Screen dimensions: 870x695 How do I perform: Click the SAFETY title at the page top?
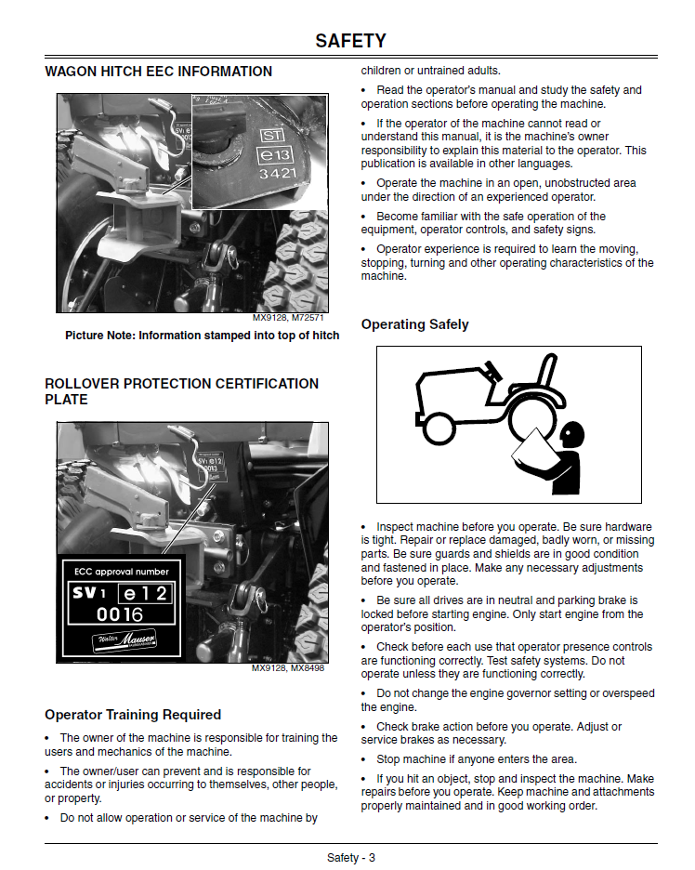click(x=350, y=41)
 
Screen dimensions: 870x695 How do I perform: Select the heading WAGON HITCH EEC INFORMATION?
click(x=159, y=72)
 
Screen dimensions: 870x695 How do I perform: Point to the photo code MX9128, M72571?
click(x=289, y=319)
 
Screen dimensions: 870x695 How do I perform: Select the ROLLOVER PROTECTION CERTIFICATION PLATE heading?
click(x=181, y=391)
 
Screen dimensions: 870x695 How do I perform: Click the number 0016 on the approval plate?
click(x=121, y=613)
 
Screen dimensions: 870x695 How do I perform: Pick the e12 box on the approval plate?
click(x=145, y=593)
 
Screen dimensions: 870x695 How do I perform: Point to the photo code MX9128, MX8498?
click(x=288, y=668)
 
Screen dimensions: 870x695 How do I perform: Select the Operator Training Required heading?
click(x=133, y=715)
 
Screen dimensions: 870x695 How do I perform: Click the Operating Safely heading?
click(x=414, y=324)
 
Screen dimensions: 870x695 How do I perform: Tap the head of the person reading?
click(x=571, y=432)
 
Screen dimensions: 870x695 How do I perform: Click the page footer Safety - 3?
click(x=350, y=857)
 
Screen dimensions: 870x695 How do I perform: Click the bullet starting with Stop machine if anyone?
click(x=476, y=758)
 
